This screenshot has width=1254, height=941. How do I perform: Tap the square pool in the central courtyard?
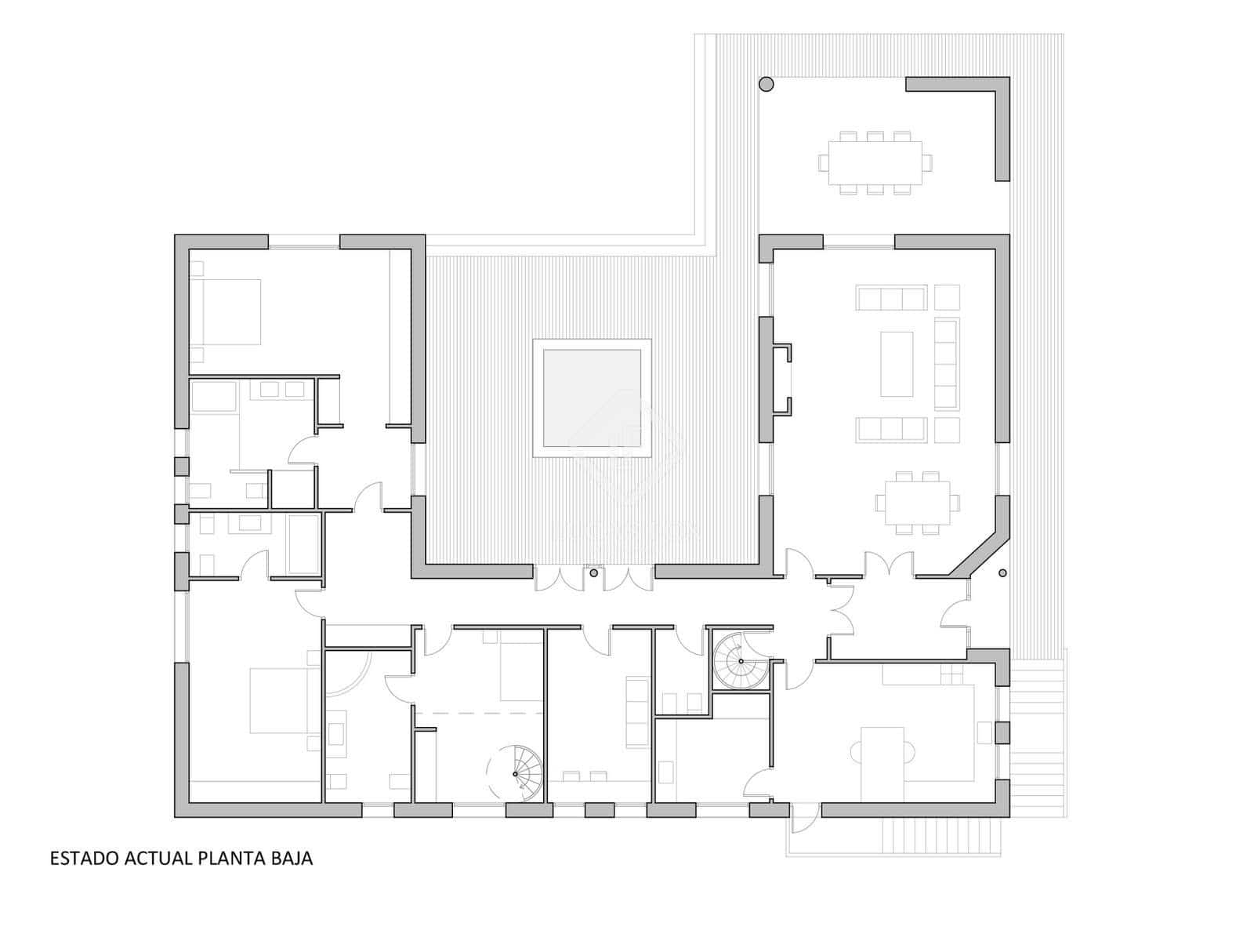point(592,398)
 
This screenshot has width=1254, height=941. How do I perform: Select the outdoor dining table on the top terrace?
point(875,162)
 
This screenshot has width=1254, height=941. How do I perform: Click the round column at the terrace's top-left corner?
point(766,84)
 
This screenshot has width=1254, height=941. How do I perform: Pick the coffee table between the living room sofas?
point(896,363)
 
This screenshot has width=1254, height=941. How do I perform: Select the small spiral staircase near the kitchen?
point(740,662)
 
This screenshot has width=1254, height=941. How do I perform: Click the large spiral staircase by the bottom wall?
point(516,773)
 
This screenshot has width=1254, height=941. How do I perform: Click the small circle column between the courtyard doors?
point(594,574)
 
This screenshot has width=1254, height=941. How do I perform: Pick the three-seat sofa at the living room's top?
point(891,299)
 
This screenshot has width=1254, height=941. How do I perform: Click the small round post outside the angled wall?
point(1002,573)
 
